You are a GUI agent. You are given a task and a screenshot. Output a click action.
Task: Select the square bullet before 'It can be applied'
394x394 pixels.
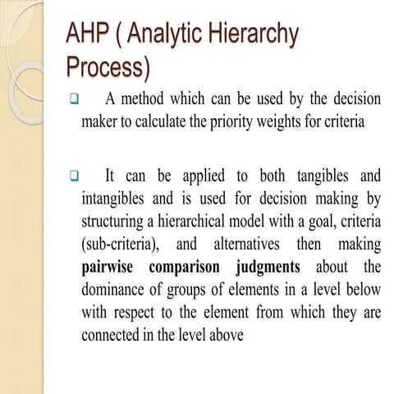point(72,176)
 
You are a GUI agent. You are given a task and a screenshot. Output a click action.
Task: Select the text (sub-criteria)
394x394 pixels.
point(120,245)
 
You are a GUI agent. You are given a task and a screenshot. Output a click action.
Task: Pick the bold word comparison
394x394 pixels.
point(186,268)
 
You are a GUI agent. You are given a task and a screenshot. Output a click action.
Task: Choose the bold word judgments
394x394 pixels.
point(268,268)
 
